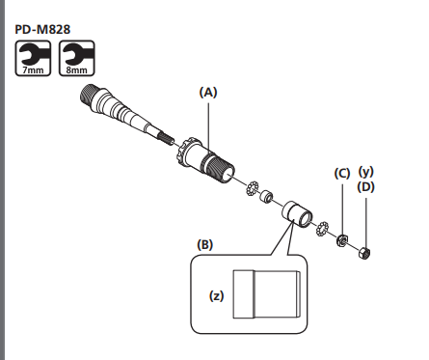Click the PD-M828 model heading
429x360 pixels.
click(42, 29)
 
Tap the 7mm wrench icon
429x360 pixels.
click(33, 58)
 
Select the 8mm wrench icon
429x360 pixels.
click(77, 58)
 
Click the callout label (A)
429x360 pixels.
click(208, 93)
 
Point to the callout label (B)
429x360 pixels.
click(205, 245)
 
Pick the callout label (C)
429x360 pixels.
click(342, 174)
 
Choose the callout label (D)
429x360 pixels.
click(366, 187)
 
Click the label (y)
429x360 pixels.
click(366, 172)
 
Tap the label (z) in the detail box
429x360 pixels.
click(217, 295)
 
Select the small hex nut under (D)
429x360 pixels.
click(364, 253)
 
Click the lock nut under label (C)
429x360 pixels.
click(342, 240)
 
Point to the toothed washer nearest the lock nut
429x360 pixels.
click(322, 229)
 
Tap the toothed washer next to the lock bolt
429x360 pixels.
click(252, 188)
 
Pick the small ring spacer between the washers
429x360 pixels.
click(266, 196)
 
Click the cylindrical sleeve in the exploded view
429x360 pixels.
click(297, 214)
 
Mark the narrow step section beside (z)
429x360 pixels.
click(244, 294)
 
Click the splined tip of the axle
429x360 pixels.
click(166, 139)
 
